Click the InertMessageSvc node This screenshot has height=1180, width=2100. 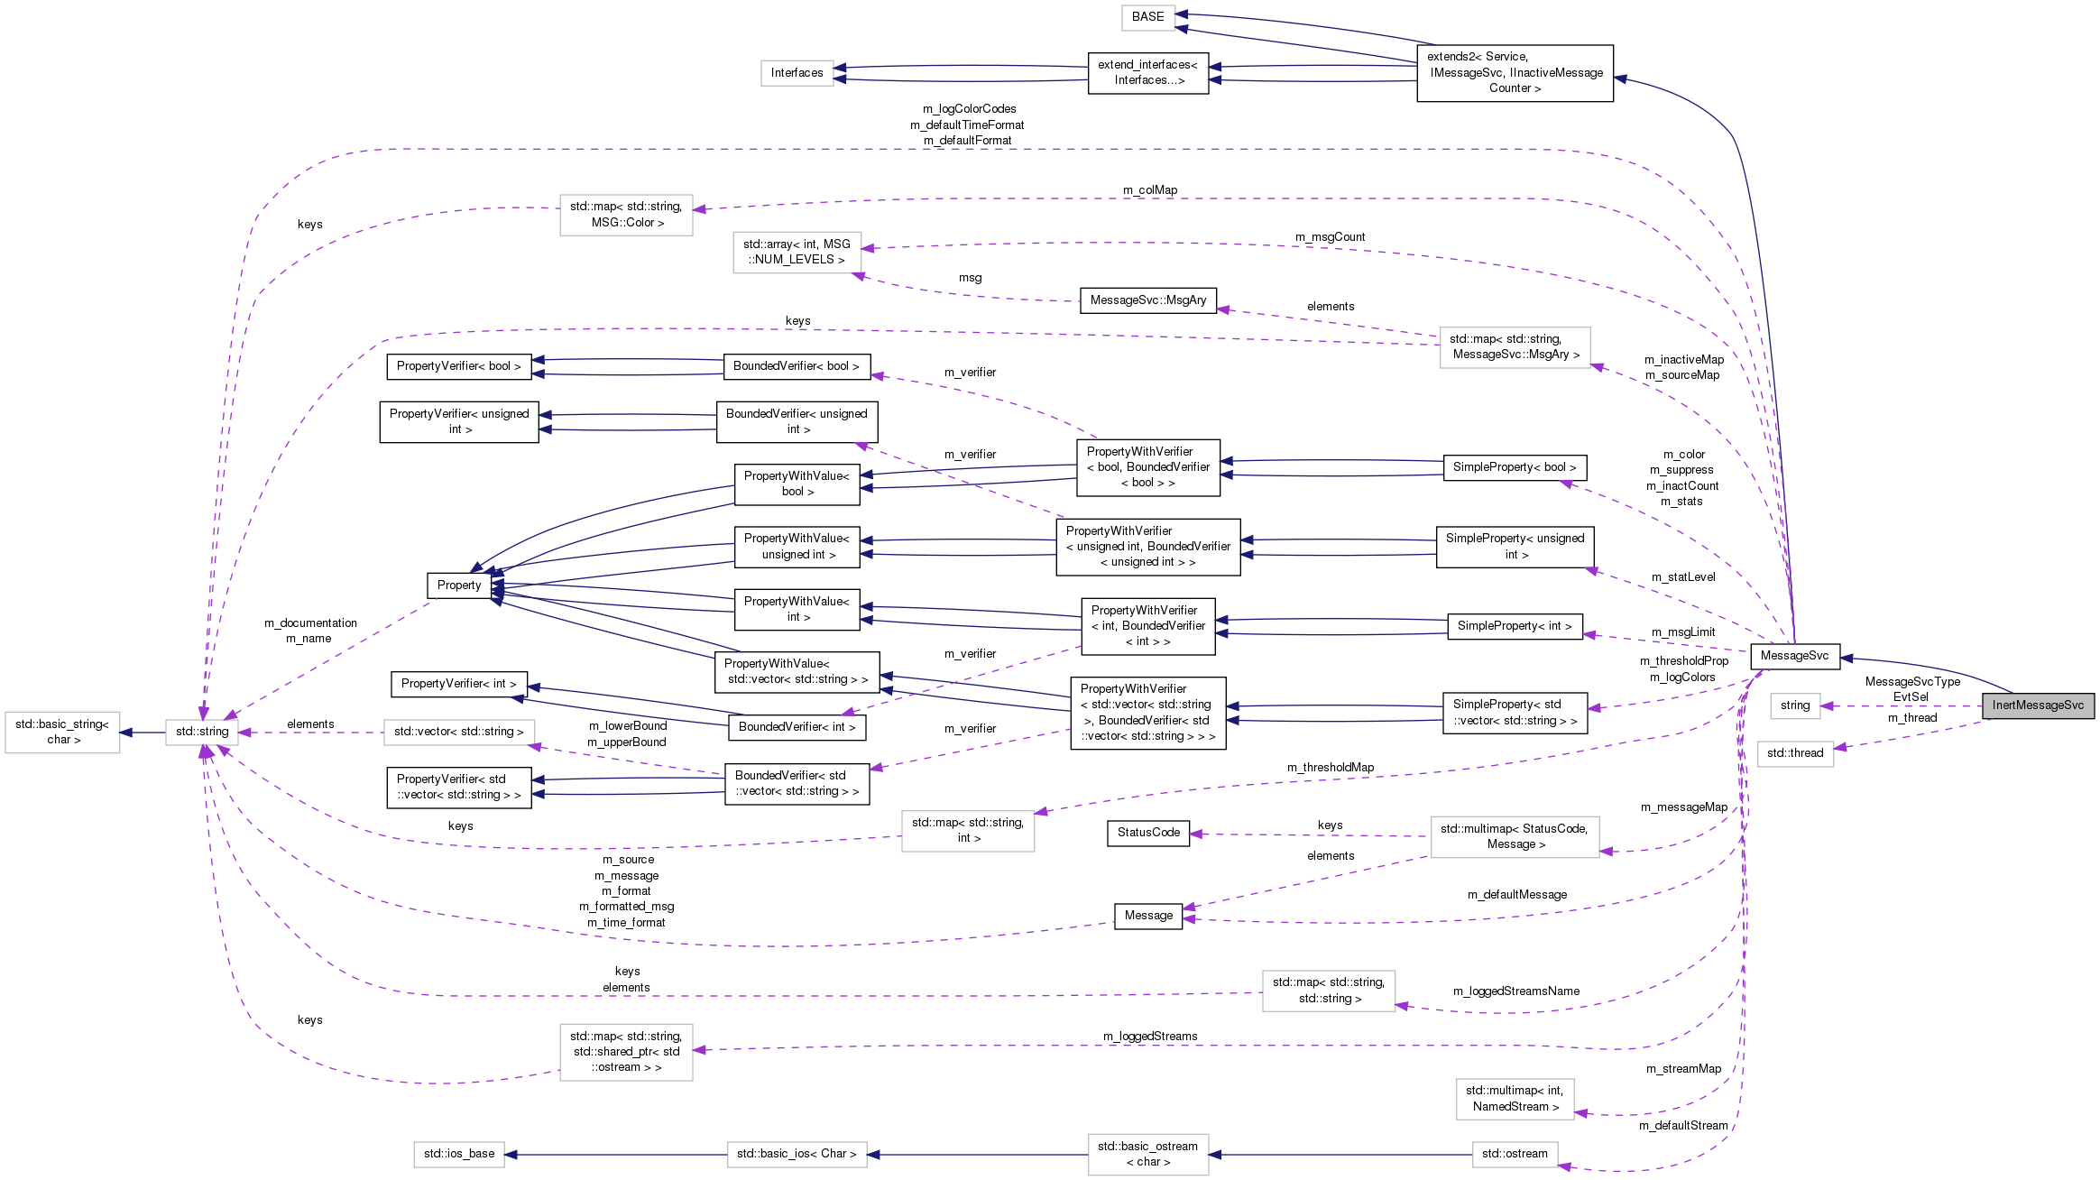click(2037, 705)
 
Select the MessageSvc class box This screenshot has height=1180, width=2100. click(1793, 656)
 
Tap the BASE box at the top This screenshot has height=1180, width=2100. click(1147, 17)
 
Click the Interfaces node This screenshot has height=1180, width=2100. click(797, 73)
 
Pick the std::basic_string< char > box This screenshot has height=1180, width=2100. click(62, 732)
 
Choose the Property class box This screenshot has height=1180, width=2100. click(459, 585)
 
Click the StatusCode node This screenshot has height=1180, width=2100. click(1147, 833)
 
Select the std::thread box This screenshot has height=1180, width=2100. click(1794, 753)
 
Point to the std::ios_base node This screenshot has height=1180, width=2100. click(459, 1154)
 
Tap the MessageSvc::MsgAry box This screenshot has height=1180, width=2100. click(1147, 300)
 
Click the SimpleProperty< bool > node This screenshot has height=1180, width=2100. click(1514, 467)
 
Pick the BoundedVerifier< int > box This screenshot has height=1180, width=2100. click(797, 727)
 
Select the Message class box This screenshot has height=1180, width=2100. click(1147, 916)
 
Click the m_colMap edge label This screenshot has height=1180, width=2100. click(1149, 190)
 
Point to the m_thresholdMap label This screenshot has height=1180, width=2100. click(1330, 768)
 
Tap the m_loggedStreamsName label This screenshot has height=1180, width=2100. click(1515, 991)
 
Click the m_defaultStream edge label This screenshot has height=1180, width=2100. click(1683, 1126)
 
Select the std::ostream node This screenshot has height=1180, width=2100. click(1514, 1154)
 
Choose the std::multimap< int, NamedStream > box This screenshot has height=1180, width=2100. click(1514, 1099)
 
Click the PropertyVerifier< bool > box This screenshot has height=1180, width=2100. click(458, 366)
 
